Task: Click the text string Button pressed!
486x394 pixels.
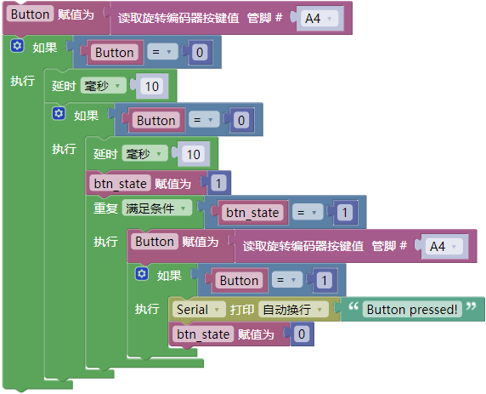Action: pos(412,309)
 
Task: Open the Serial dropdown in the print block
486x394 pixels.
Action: pos(198,309)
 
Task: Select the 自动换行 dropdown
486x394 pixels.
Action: pos(293,309)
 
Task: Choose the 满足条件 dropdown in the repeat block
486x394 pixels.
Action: pos(156,208)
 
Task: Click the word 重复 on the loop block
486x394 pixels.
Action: pos(105,208)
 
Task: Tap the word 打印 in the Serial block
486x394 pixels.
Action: pos(242,310)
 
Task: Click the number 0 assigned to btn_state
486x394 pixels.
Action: pos(302,334)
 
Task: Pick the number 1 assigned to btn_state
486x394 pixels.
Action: pos(218,183)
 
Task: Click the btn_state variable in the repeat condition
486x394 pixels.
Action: pos(252,213)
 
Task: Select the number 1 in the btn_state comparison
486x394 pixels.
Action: pos(344,213)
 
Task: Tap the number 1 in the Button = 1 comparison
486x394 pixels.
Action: pos(324,280)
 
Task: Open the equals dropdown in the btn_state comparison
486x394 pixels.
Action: pos(308,213)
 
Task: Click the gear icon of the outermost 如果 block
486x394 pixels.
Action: pos(17,46)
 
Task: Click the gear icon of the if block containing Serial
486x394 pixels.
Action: pos(142,274)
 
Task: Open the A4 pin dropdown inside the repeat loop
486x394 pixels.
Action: pos(444,247)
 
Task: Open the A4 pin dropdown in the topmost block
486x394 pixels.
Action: pos(319,19)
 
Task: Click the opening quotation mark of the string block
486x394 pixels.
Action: pos(353,306)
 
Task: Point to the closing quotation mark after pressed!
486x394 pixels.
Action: pos(471,306)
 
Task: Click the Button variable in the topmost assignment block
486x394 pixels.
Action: pos(30,14)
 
